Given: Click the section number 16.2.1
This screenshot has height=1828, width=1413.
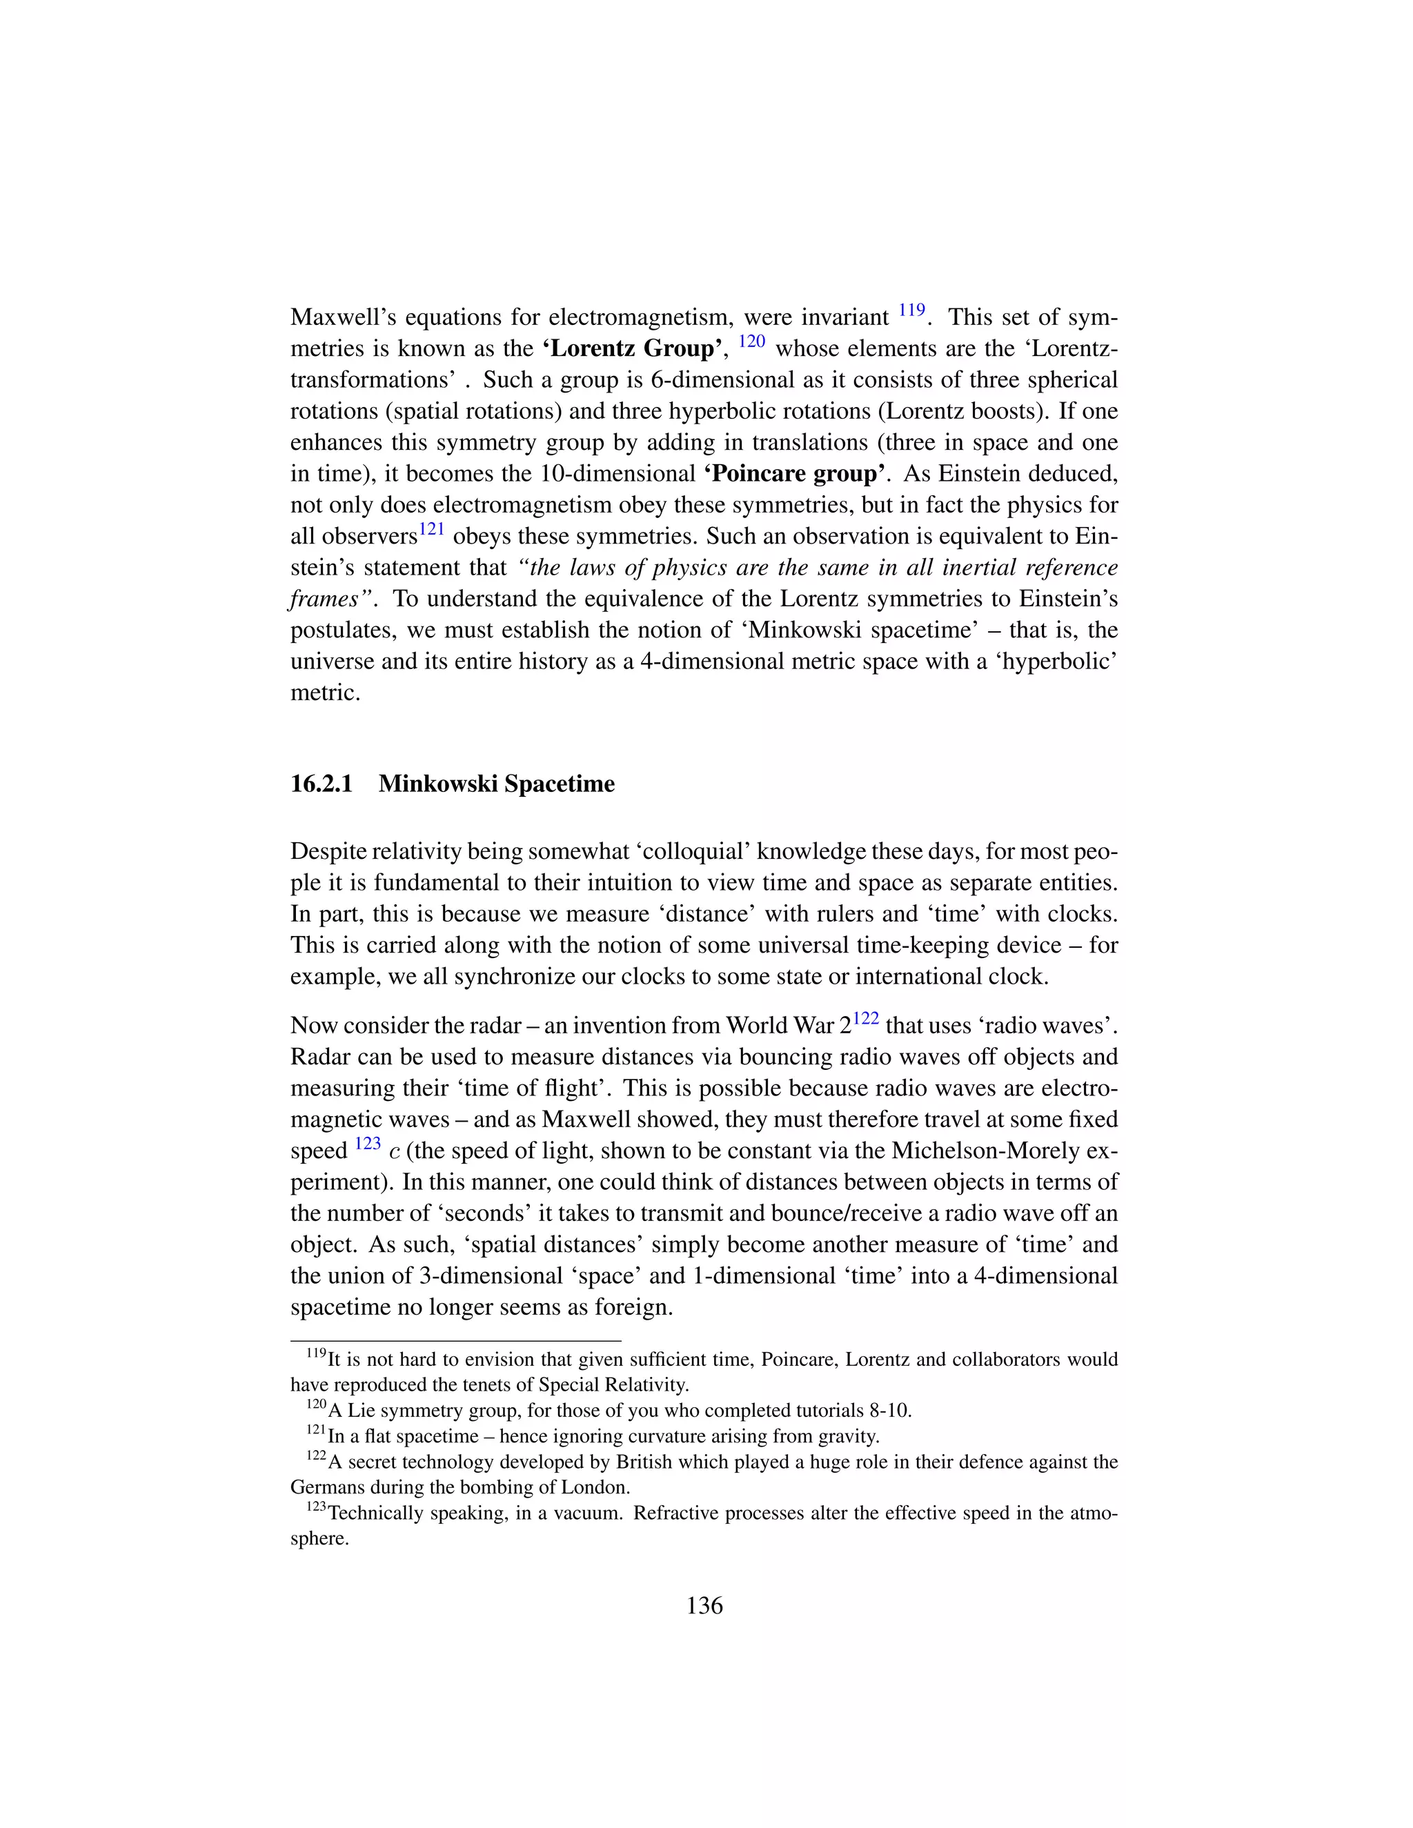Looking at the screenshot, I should [322, 784].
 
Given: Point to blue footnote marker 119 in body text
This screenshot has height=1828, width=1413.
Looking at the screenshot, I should [911, 310].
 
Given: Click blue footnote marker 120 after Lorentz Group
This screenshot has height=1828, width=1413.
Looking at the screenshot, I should [752, 341].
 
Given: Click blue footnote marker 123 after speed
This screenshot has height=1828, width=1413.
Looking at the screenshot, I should [368, 1143].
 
